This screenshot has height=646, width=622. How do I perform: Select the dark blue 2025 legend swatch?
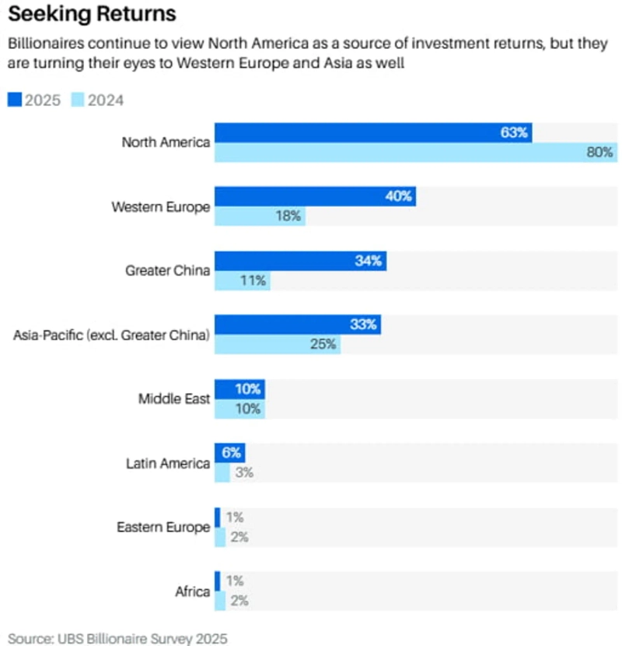pos(15,100)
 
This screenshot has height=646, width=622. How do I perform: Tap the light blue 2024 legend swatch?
pos(78,100)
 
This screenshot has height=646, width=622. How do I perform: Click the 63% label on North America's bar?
pos(514,133)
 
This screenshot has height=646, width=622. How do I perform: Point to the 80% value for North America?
pos(599,153)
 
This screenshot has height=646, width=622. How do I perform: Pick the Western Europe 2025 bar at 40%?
pos(315,196)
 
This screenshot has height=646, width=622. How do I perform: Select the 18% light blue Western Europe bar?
pos(260,216)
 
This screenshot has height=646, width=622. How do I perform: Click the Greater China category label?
pos(167,271)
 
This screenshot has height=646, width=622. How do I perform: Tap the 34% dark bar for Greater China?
pos(300,262)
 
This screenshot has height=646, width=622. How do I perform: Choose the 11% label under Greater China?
pos(253,281)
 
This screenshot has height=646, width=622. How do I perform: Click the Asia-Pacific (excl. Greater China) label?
pos(111,335)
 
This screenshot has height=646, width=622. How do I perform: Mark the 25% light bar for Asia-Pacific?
pos(277,345)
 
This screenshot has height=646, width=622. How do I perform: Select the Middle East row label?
pos(174,399)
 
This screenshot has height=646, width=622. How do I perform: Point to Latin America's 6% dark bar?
pos(230,452)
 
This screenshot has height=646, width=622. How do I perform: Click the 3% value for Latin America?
pos(244,472)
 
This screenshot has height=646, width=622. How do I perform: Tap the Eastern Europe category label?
pos(163,527)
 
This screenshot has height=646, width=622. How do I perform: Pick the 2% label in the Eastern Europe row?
pos(238,536)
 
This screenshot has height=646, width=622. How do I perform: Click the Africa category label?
pos(192,592)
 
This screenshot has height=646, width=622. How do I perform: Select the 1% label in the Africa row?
pos(235,581)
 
